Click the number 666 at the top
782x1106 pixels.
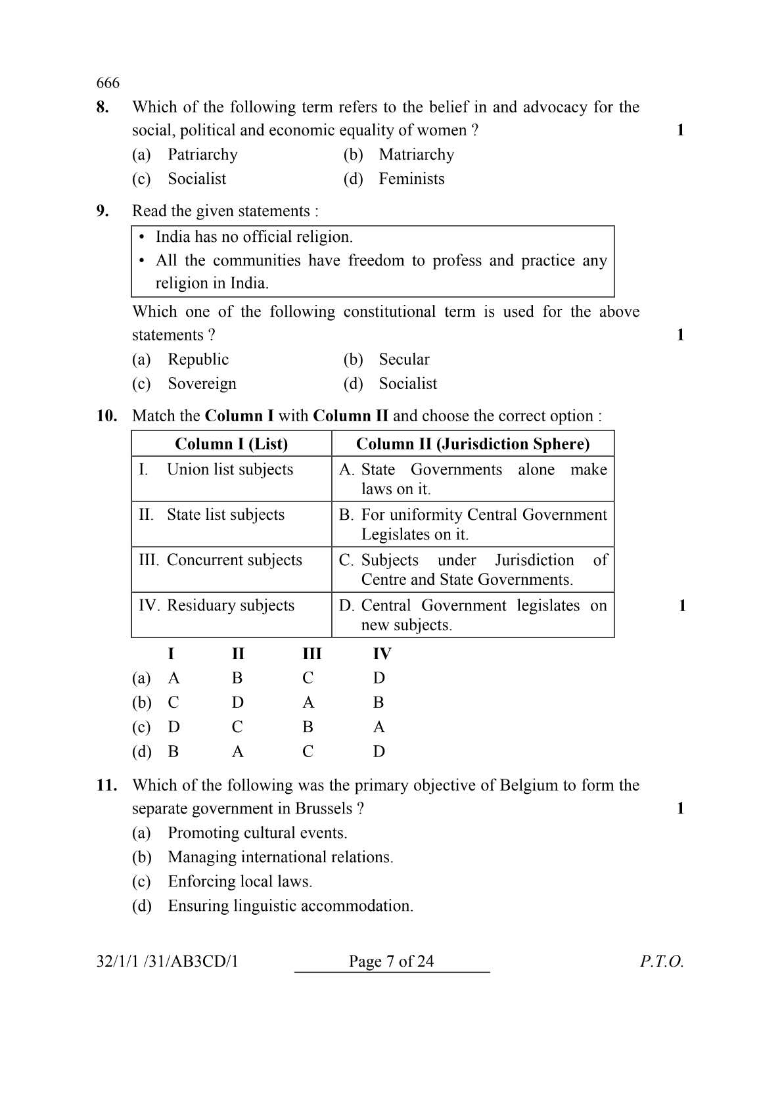108,83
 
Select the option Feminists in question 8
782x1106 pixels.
411,179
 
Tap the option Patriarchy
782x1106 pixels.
202,154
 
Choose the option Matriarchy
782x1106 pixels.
416,154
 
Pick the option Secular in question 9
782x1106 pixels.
403,359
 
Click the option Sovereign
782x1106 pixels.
202,384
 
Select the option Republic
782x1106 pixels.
198,359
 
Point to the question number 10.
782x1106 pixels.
106,416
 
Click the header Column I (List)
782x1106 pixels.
231,444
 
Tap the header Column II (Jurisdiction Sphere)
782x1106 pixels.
472,444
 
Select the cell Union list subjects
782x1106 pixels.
229,469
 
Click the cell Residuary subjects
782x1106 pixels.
230,605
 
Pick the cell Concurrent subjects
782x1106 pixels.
234,560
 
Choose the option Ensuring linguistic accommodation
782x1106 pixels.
290,906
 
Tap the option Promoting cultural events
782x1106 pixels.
257,833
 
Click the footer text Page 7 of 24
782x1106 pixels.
391,961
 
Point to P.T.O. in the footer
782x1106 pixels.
662,961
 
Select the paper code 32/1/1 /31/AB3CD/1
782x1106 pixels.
167,961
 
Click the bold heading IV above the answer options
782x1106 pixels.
382,654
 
